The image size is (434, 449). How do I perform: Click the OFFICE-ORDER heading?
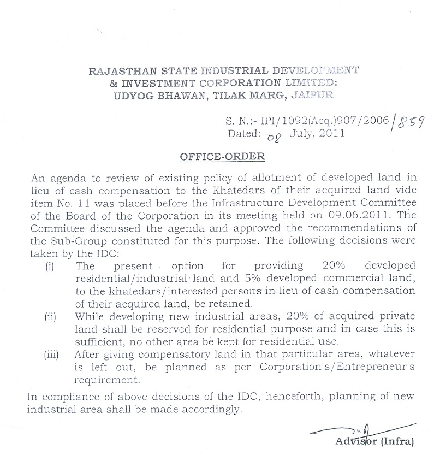(223, 157)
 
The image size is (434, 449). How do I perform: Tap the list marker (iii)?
(52, 355)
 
